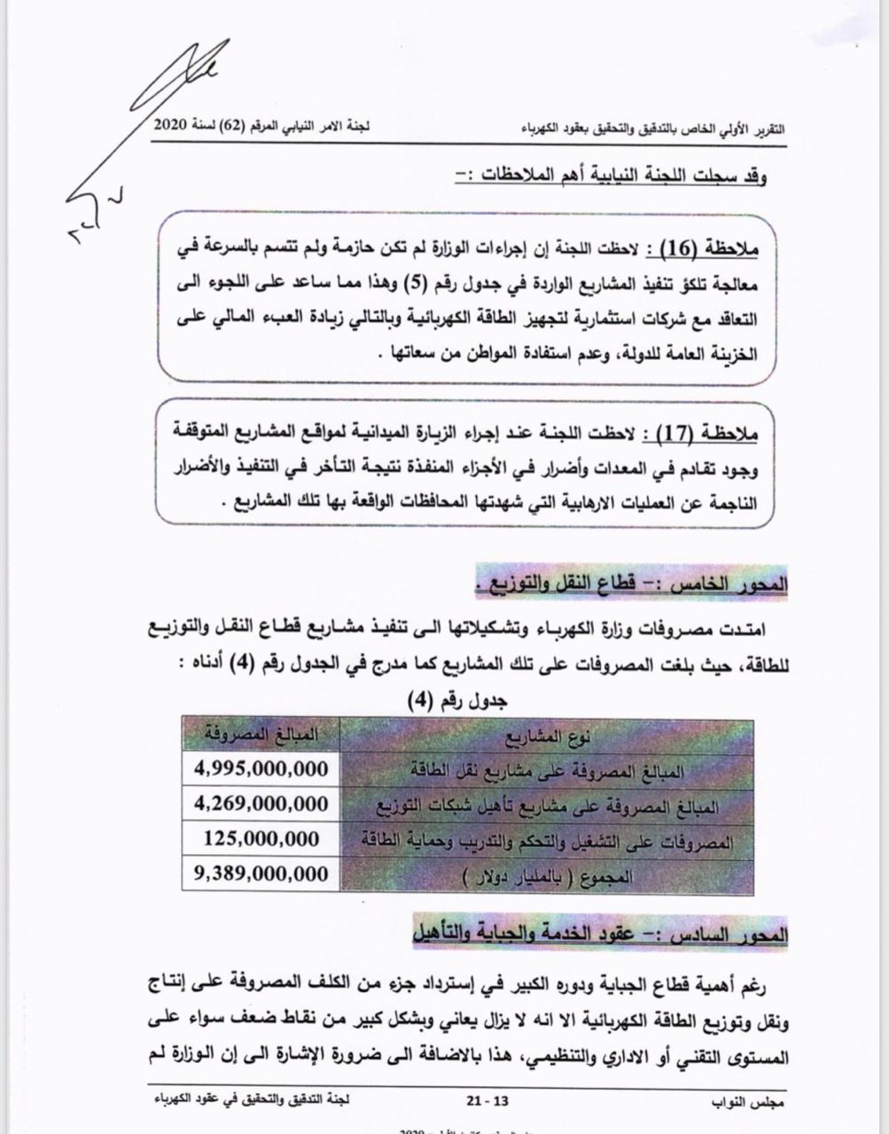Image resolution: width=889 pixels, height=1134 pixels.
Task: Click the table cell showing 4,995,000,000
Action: pos(261,768)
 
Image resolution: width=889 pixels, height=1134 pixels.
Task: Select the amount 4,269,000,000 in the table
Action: pos(261,804)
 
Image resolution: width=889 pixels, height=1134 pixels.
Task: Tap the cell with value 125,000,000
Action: pos(261,839)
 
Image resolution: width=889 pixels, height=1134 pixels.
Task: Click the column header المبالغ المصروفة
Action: pos(261,734)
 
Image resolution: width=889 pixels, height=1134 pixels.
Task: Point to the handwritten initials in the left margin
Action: pos(89,214)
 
